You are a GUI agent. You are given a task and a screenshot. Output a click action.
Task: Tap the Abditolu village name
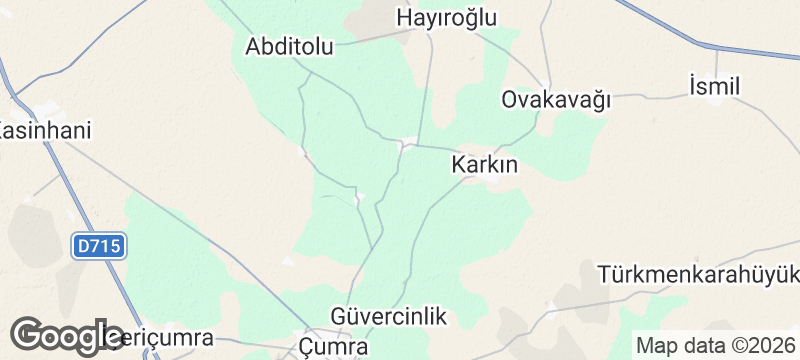click(290, 47)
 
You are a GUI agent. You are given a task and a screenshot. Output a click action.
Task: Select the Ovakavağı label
click(556, 100)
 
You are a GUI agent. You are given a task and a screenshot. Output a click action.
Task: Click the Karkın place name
click(485, 166)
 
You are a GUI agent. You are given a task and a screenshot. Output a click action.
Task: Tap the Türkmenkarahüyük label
click(698, 274)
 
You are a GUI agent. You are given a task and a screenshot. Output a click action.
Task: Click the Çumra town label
click(334, 346)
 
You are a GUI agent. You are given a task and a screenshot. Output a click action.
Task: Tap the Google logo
click(68, 334)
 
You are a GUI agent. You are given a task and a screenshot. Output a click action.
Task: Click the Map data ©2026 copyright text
click(715, 345)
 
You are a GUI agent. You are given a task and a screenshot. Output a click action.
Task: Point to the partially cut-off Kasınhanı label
click(45, 131)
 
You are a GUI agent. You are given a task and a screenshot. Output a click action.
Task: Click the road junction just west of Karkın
click(404, 144)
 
